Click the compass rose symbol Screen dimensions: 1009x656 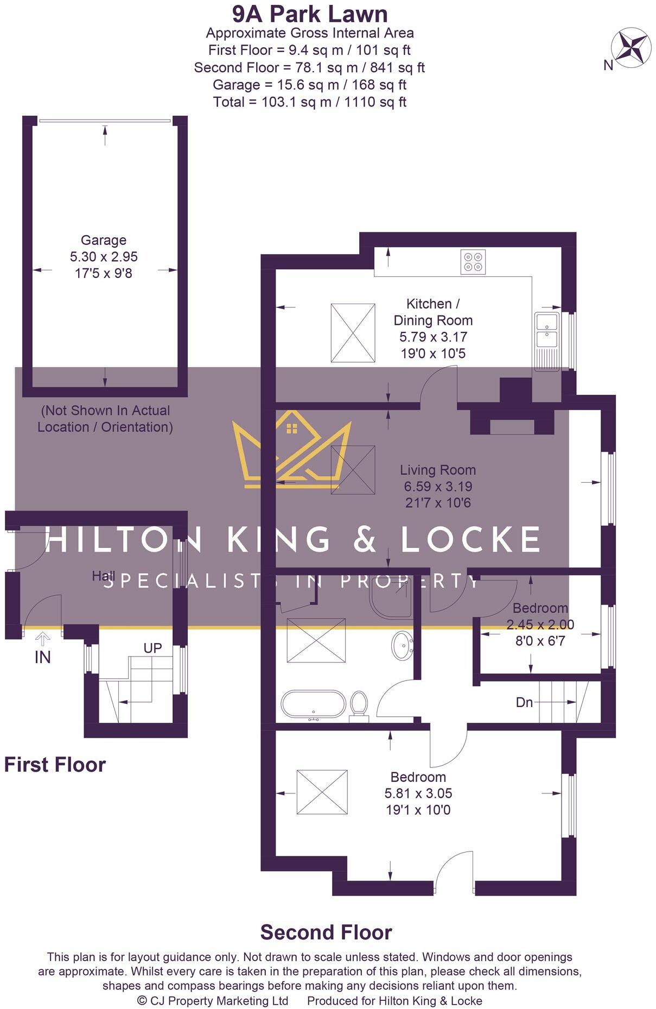tap(631, 48)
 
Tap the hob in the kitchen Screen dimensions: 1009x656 tap(473, 262)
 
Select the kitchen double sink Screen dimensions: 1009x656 tap(547, 333)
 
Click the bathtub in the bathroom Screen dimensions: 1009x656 tap(313, 705)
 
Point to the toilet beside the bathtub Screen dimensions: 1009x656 tap(359, 704)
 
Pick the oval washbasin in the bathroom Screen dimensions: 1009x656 tap(402, 645)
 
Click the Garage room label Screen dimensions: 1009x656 tap(104, 240)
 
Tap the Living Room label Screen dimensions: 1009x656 tap(438, 470)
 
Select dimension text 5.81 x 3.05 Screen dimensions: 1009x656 tap(418, 793)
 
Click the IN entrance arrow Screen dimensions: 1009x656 tap(43, 640)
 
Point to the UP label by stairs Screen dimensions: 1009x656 tap(152, 648)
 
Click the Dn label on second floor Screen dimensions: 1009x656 tap(524, 703)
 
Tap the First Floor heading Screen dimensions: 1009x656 tap(55, 765)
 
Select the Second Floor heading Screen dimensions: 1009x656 tap(326, 932)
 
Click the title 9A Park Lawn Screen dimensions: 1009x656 tap(310, 14)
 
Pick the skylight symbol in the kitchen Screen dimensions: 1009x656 tap(353, 333)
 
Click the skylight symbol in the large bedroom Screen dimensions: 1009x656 tap(322, 792)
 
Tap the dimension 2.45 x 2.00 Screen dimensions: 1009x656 tap(540, 625)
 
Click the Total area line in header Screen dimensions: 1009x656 tap(310, 102)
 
